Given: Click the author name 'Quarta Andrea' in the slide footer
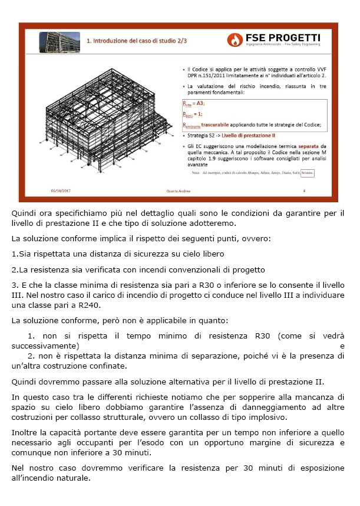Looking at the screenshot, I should coord(180,190).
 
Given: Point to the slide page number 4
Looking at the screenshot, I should coord(304,190).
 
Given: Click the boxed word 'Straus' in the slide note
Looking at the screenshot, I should coord(308,173).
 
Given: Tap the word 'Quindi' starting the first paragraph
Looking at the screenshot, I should coord(24,212).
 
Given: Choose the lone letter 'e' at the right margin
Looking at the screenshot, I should coord(342,346).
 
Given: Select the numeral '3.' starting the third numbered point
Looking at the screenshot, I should coord(15,285).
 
